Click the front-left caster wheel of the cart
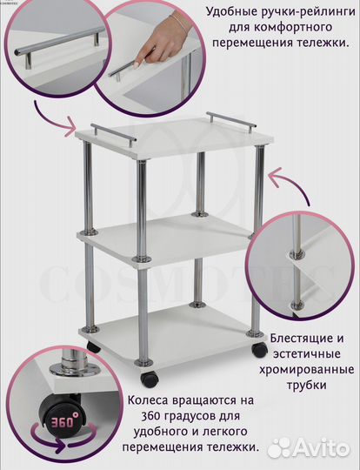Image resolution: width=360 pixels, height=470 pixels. tap(150, 379)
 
